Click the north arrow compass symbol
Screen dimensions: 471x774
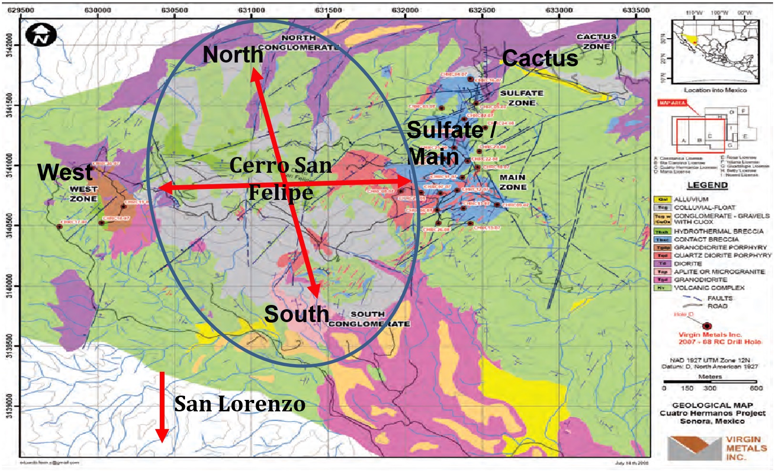(41, 36)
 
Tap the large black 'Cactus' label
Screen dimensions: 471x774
(540, 58)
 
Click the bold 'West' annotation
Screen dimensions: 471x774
(65, 172)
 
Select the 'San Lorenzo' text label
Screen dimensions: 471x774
(239, 404)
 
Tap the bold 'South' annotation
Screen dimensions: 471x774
(296, 314)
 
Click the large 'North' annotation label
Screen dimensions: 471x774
(233, 54)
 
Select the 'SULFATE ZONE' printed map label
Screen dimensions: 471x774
(521, 98)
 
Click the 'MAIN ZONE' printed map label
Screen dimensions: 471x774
(513, 182)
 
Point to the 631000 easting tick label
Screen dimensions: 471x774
(251, 10)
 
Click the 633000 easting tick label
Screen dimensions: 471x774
(559, 10)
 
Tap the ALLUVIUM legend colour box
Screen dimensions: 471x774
(662, 199)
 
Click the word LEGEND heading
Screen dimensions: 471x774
(707, 185)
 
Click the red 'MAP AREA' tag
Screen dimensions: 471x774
(671, 103)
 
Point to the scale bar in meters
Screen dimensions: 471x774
(710, 382)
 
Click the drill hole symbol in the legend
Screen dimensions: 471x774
(707, 325)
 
